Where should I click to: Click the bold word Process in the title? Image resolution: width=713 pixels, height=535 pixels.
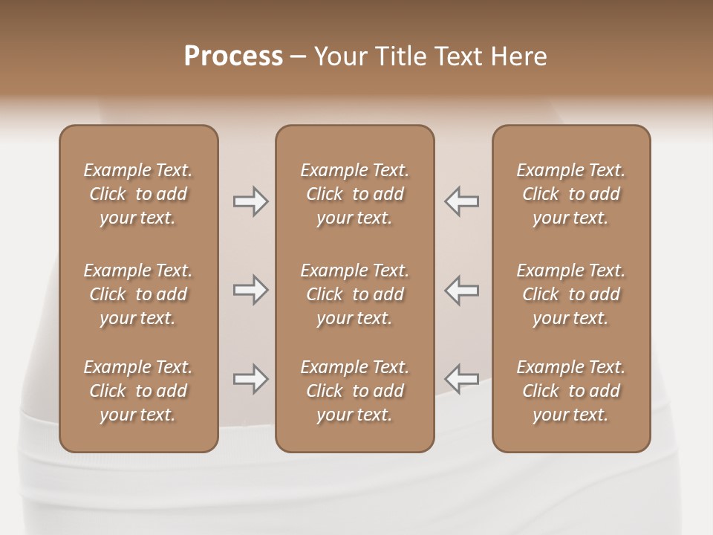(233, 56)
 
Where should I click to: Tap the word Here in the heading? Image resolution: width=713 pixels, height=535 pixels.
(518, 56)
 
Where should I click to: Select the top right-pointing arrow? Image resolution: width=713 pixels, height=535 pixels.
(250, 201)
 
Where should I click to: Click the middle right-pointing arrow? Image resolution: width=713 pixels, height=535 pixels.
(250, 290)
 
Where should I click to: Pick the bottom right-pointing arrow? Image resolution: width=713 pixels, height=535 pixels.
(250, 379)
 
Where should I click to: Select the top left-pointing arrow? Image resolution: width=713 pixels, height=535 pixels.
(462, 201)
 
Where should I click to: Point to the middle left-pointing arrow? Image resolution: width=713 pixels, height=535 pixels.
(462, 290)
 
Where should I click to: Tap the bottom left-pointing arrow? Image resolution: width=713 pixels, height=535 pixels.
(462, 379)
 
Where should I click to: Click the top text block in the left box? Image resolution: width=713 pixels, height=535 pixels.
(138, 194)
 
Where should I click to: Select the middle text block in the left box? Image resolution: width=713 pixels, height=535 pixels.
(138, 294)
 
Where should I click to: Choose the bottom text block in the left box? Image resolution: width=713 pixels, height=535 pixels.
(138, 391)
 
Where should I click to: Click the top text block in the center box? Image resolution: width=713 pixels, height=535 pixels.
(354, 194)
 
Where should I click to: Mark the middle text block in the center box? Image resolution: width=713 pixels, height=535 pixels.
(354, 294)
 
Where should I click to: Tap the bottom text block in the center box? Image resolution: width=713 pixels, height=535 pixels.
(354, 391)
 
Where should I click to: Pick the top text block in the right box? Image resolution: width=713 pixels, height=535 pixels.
(571, 194)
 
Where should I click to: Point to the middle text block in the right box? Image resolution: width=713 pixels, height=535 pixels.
(571, 294)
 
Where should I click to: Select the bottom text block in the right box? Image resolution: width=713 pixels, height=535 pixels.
(571, 391)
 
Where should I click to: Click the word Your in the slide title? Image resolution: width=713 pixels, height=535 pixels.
(339, 56)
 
